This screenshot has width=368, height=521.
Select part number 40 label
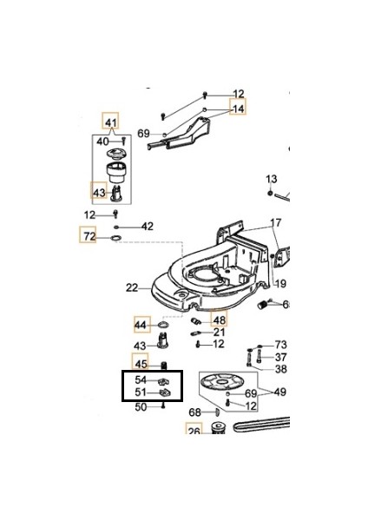tap(102, 141)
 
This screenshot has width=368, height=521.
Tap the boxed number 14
tap(237, 109)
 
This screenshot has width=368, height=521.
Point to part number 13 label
tap(271, 178)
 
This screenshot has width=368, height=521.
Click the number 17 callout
tap(275, 223)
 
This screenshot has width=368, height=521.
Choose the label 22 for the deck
tap(132, 287)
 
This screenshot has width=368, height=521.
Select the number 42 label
tap(147, 226)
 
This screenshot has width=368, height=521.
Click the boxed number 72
tap(89, 236)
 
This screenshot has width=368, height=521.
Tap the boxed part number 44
tap(141, 325)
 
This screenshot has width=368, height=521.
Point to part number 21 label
tap(219, 332)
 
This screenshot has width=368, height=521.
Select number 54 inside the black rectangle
tap(141, 381)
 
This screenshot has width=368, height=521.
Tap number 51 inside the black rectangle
tap(141, 393)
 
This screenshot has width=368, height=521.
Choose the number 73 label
tap(280, 345)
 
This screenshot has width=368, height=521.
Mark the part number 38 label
tap(280, 368)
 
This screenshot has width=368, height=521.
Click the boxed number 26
tap(193, 429)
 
